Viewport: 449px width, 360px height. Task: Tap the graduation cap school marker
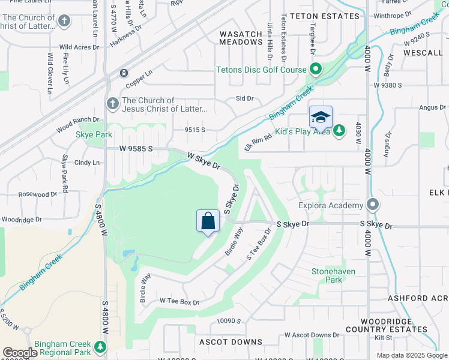click(321, 117)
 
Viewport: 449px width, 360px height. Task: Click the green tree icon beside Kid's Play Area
click(339, 130)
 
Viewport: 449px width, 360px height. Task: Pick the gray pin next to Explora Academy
click(373, 205)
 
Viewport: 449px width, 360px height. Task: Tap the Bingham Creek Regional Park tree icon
click(99, 347)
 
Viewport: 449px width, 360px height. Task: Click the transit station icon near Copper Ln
click(123, 73)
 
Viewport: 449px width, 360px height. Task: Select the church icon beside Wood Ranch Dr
click(112, 104)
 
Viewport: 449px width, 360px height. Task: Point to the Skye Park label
click(94, 134)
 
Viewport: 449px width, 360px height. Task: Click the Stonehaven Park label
click(334, 275)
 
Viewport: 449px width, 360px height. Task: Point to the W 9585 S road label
click(137, 148)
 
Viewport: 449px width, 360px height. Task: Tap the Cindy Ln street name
click(87, 163)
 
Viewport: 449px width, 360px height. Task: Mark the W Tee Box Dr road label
click(179, 302)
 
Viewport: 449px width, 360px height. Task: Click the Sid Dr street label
click(245, 98)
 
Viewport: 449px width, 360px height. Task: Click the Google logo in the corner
click(20, 353)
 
